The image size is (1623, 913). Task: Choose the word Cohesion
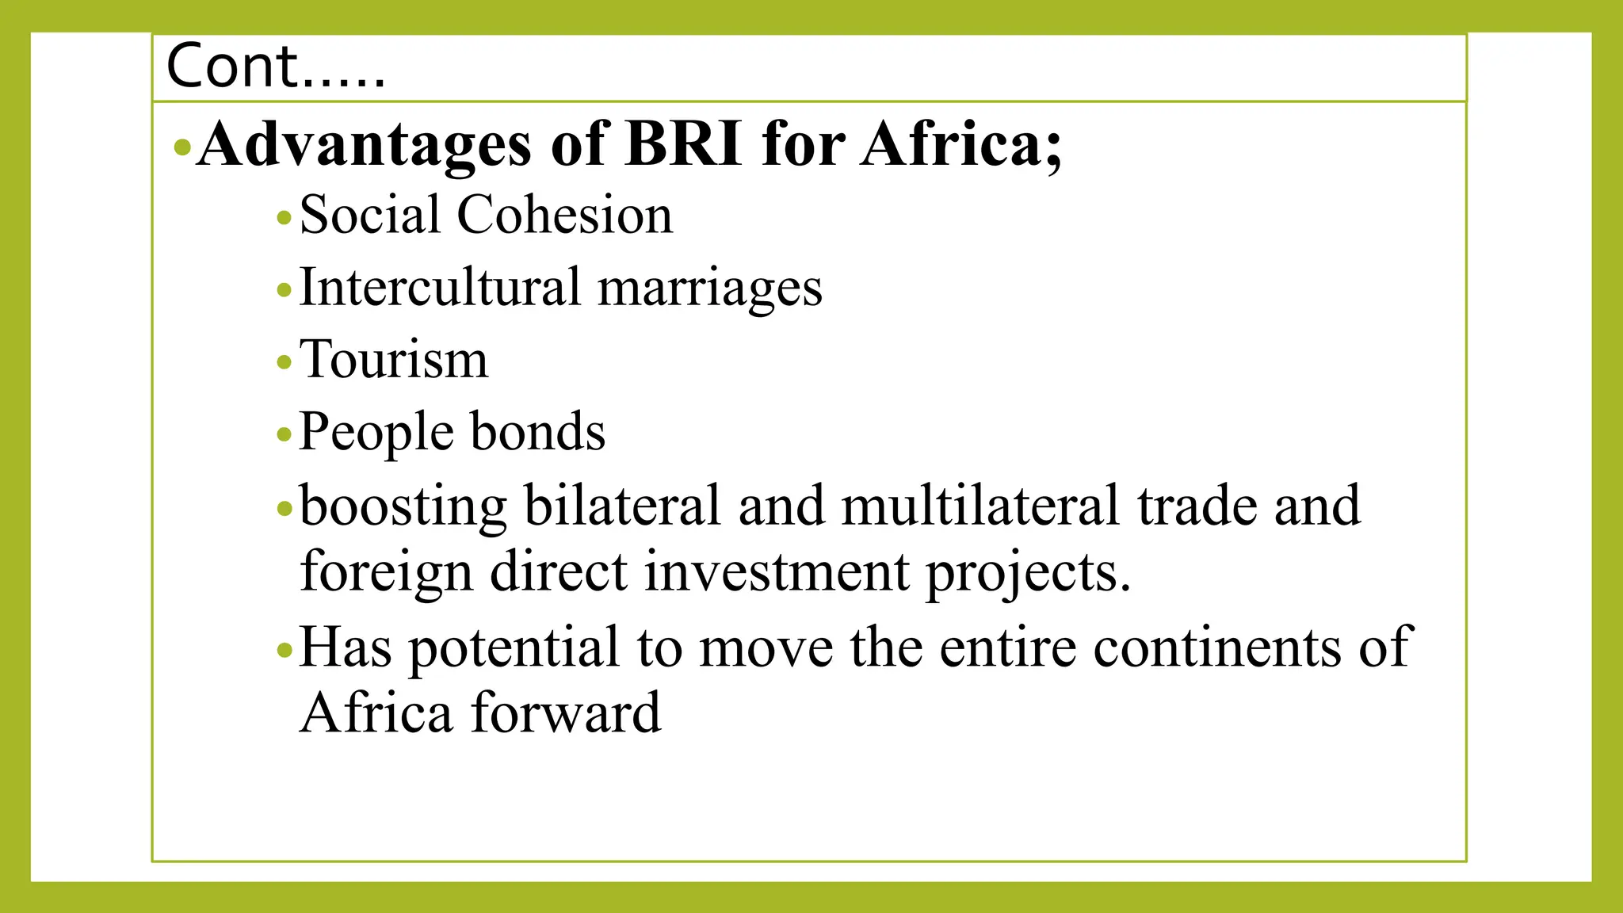click(x=565, y=215)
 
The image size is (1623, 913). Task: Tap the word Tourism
click(x=394, y=360)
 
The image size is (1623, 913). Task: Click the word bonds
click(x=538, y=432)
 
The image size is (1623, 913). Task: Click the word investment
click(x=777, y=572)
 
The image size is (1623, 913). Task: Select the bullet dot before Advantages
click(x=182, y=147)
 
